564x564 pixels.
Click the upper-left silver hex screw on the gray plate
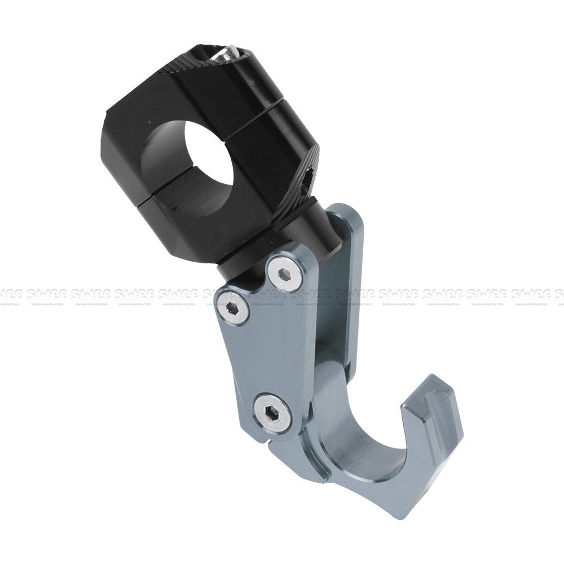(233, 307)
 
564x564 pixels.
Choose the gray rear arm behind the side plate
(344, 282)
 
